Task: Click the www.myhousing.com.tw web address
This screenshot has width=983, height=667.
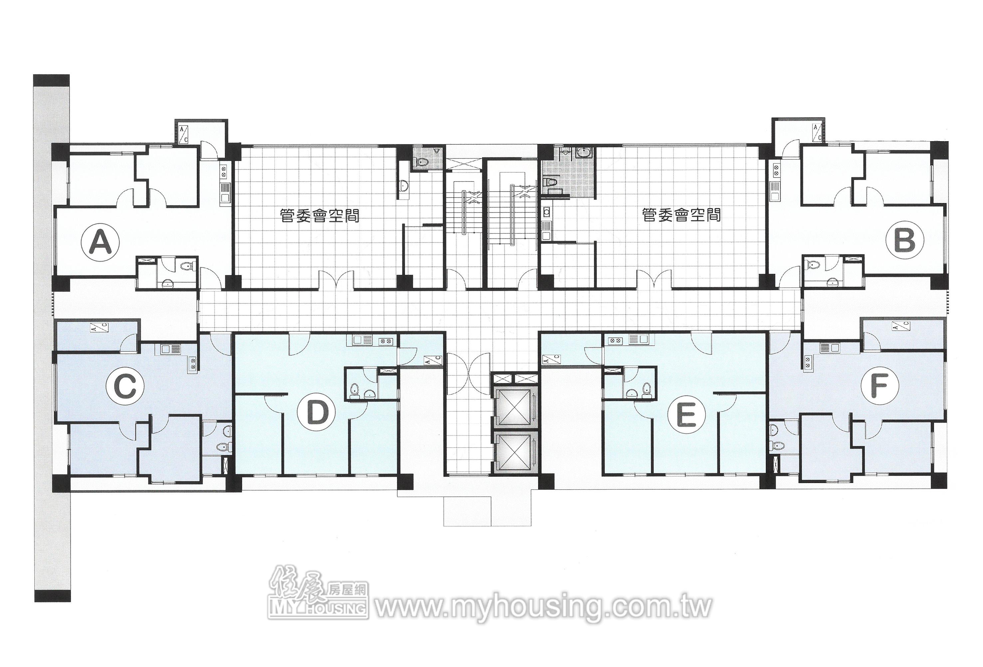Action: pyautogui.click(x=544, y=608)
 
